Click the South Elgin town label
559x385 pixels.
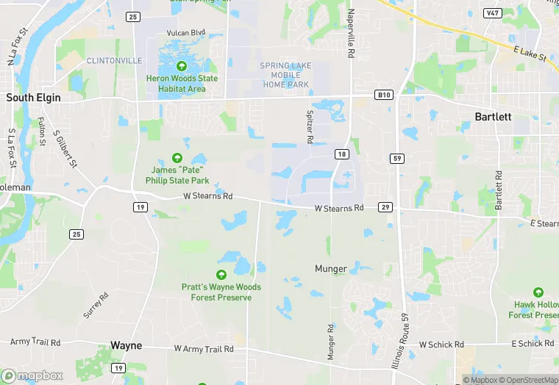(x=33, y=97)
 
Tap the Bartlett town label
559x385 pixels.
(x=494, y=117)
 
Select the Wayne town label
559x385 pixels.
(x=126, y=345)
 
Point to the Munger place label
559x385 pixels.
(x=330, y=269)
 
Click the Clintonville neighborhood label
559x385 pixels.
(x=114, y=60)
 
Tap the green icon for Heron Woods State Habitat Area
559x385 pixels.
(x=177, y=66)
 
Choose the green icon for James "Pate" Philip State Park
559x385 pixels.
(x=177, y=157)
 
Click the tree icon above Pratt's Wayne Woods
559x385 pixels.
(x=221, y=275)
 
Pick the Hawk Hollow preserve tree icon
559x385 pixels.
(x=538, y=292)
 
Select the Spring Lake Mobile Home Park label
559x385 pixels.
(x=285, y=75)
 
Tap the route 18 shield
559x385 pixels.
(x=341, y=154)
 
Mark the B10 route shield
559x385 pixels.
(x=382, y=95)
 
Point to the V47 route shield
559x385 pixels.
(x=492, y=13)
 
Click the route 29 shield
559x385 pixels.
(x=385, y=208)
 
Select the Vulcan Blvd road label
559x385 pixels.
(x=188, y=33)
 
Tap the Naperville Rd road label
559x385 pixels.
(x=352, y=34)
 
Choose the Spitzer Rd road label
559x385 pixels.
(x=310, y=127)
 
